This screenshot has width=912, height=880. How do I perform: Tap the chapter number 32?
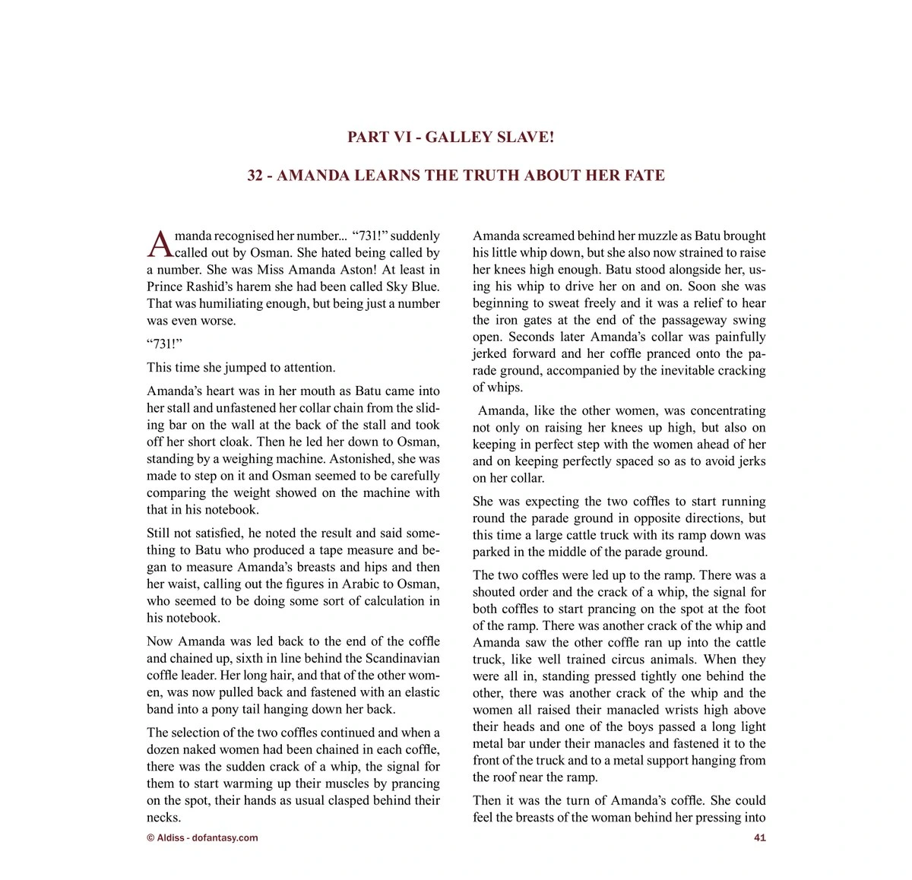pyautogui.click(x=255, y=176)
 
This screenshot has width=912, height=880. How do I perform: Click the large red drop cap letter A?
pyautogui.click(x=160, y=245)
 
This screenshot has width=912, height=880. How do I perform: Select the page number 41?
pyautogui.click(x=759, y=837)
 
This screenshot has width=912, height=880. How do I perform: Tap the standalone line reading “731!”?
pyautogui.click(x=165, y=343)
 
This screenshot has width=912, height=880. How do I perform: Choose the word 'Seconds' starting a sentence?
pyautogui.click(x=530, y=337)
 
